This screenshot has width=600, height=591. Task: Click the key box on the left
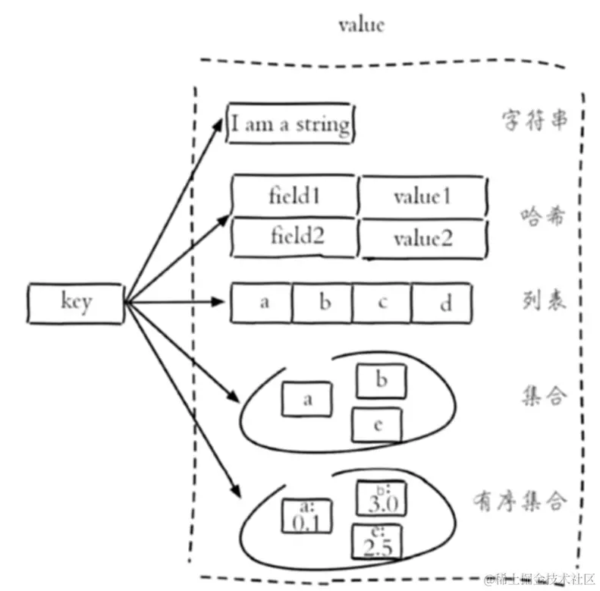pyautogui.click(x=75, y=303)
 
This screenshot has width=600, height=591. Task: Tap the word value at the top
pyautogui.click(x=361, y=24)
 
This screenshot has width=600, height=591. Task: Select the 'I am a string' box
pyautogui.click(x=291, y=123)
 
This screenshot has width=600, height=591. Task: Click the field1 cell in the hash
pyautogui.click(x=294, y=196)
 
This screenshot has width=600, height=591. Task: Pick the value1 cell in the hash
pyautogui.click(x=423, y=196)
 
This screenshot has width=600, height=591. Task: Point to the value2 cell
pyautogui.click(x=423, y=238)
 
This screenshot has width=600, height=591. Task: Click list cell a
pyautogui.click(x=264, y=303)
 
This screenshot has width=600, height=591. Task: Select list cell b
pyautogui.click(x=324, y=303)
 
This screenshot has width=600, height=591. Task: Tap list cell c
pyautogui.click(x=382, y=303)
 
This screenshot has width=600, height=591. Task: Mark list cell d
pyautogui.click(x=444, y=303)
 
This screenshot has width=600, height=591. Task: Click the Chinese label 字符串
pyautogui.click(x=533, y=121)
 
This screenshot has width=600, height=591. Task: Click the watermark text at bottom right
pyautogui.click(x=541, y=578)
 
